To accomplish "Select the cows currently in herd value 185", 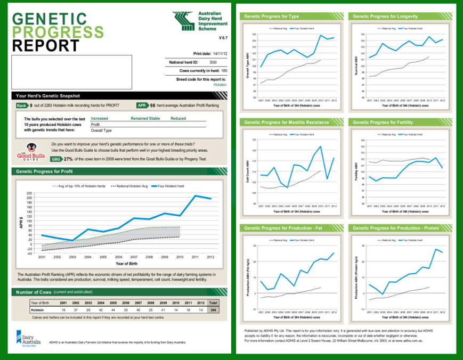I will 224,70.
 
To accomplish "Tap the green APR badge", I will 142,105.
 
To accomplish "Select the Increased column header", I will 100,119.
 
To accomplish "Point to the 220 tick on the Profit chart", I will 29,193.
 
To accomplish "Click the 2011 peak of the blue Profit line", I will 196,196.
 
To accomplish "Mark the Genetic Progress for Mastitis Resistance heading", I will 280,122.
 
